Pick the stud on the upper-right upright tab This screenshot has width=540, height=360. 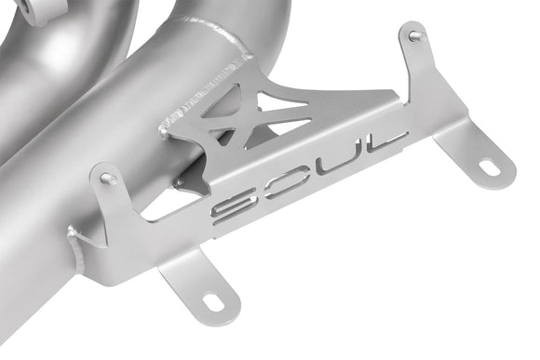[x=414, y=36]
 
